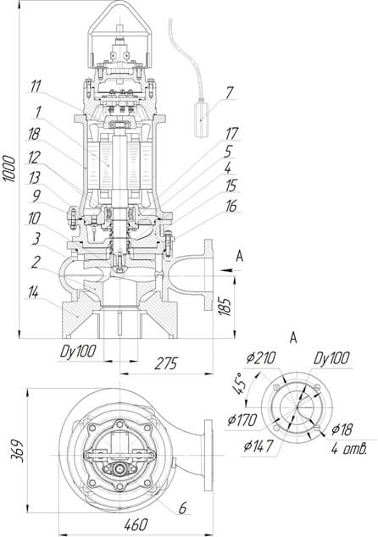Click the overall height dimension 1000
point(9,169)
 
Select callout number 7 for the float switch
point(229,92)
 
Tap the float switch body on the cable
point(201,119)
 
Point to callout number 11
point(36,86)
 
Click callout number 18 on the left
point(34,134)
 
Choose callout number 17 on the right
point(231,134)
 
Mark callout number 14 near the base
point(33,292)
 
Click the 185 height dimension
point(225,306)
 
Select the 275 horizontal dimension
point(166,363)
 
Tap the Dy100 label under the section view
point(78,352)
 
